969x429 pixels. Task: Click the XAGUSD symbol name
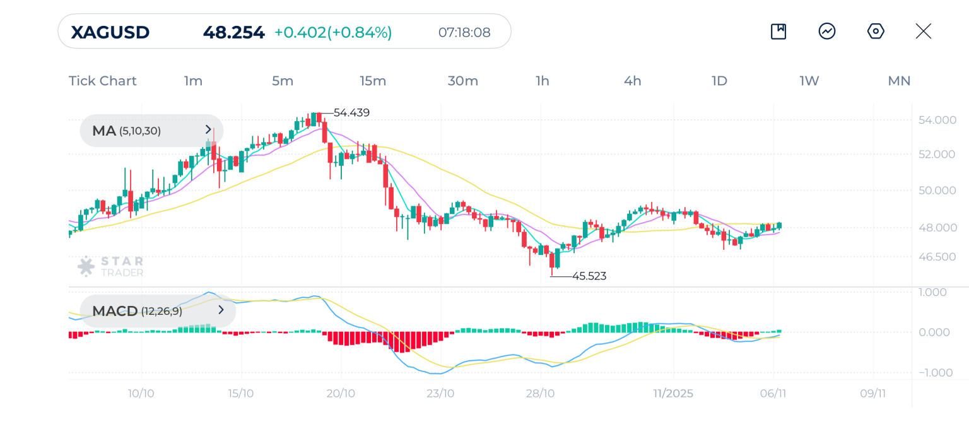(110, 32)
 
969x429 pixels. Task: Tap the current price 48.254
(233, 32)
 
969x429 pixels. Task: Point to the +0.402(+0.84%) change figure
(333, 32)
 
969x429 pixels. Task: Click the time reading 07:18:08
(464, 32)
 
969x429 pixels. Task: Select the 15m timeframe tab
(373, 81)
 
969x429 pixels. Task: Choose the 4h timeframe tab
(632, 81)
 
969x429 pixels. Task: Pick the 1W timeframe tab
(809, 81)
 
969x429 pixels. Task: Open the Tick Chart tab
(102, 81)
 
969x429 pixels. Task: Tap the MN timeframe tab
(899, 81)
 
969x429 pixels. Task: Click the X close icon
(923, 32)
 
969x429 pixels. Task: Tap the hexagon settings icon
(876, 32)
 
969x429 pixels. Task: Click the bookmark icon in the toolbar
(778, 32)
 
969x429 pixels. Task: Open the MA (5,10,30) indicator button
(151, 131)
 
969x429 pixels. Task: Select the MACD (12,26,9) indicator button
(158, 310)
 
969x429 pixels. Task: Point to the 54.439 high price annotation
(351, 113)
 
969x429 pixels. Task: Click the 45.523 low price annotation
(589, 276)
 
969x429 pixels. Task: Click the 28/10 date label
(540, 394)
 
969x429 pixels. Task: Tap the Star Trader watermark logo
(110, 266)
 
